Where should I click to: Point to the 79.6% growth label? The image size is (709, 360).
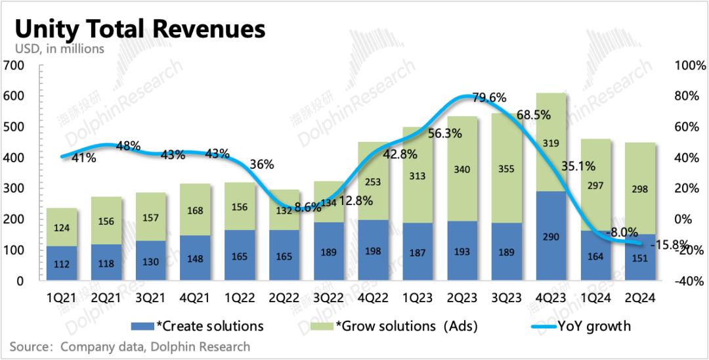pyautogui.click(x=490, y=98)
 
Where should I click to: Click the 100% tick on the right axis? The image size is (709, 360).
pyautogui.click(x=691, y=66)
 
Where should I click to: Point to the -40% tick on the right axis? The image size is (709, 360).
pyautogui.click(x=690, y=281)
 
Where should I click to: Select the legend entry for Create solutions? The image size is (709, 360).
pyautogui.click(x=198, y=326)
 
